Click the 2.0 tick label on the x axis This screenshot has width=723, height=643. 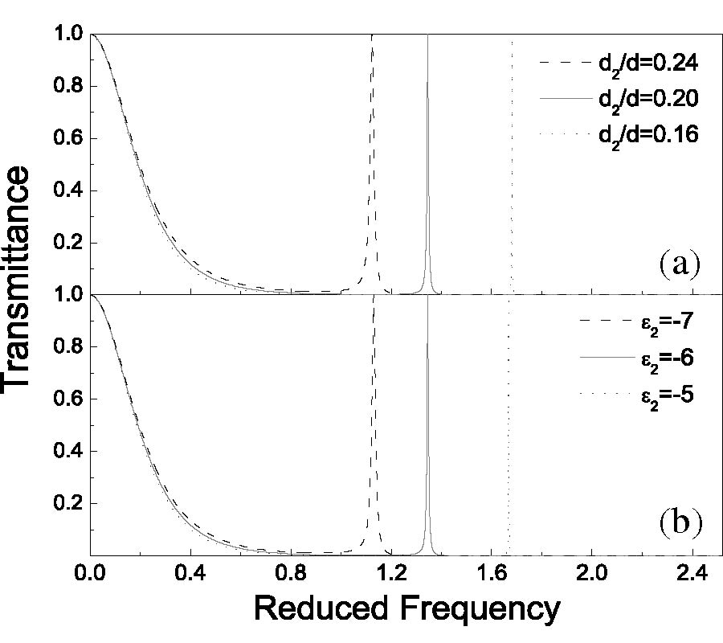[592, 575]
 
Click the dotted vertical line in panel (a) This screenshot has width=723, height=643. [512, 161]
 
